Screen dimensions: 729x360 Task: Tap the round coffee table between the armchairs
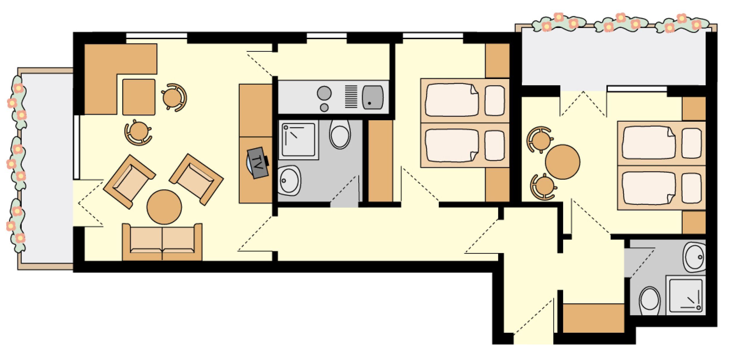tap(164, 207)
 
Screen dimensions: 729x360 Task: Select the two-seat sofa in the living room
tap(162, 242)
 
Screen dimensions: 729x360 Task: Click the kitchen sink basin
tap(372, 97)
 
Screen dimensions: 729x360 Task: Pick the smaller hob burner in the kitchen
tap(324, 108)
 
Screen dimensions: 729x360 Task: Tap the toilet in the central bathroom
tap(340, 134)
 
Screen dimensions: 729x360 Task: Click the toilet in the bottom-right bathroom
tap(649, 301)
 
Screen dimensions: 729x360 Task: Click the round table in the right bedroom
tap(562, 162)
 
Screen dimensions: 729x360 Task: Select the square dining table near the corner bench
tap(139, 97)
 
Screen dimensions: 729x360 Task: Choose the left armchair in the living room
tap(129, 181)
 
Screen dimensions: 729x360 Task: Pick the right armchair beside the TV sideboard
tap(197, 179)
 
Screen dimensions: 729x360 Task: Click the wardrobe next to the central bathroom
tap(380, 161)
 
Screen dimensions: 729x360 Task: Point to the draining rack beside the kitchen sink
tap(351, 97)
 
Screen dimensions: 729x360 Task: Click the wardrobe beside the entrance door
tap(593, 318)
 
